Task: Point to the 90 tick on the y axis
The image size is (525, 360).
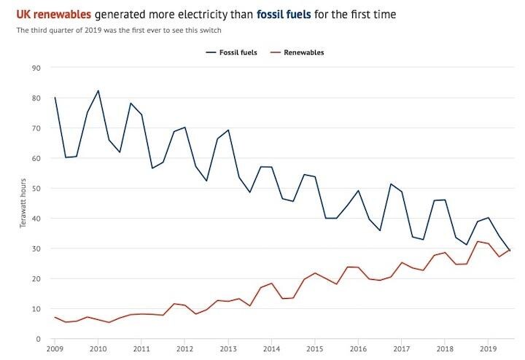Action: pyautogui.click(x=36, y=68)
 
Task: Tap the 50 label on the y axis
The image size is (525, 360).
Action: pyautogui.click(x=36, y=188)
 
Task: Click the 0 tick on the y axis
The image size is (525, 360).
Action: pyautogui.click(x=38, y=339)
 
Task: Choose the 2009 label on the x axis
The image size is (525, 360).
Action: pyautogui.click(x=54, y=350)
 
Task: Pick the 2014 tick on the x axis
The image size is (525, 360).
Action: pyautogui.click(x=271, y=350)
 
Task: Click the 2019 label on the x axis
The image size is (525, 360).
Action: pyautogui.click(x=489, y=350)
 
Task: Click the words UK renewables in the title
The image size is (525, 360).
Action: pyautogui.click(x=50, y=14)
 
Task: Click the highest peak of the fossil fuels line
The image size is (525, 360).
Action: pyautogui.click(x=98, y=90)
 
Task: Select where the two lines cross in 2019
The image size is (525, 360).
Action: pyautogui.click(x=508, y=250)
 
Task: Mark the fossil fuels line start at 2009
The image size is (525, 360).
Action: pyautogui.click(x=55, y=98)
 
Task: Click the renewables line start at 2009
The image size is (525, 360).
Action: pyautogui.click(x=55, y=318)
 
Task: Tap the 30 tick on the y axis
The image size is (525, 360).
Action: pyautogui.click(x=36, y=249)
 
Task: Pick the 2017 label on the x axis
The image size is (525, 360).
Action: pyautogui.click(x=402, y=350)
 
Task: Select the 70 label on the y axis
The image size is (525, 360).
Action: pyautogui.click(x=36, y=128)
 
